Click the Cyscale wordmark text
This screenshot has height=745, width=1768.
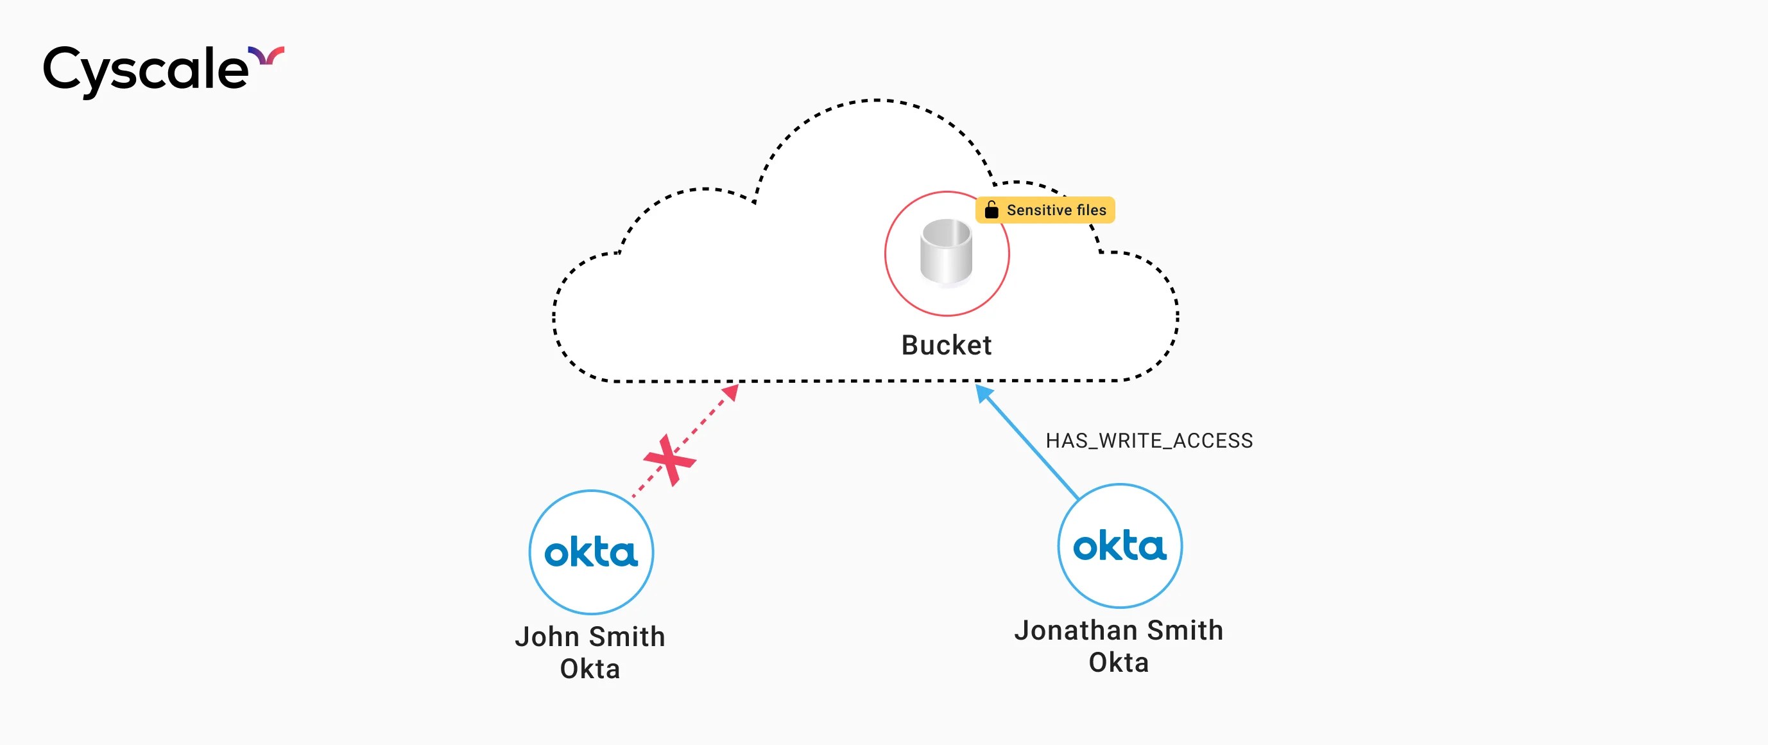(x=146, y=70)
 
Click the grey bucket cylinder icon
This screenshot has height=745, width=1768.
(x=947, y=252)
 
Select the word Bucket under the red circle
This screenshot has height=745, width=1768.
(x=947, y=346)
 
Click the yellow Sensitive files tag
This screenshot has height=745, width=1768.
(x=1045, y=210)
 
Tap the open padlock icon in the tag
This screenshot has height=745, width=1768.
(x=991, y=209)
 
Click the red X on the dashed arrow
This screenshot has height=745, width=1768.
(x=669, y=460)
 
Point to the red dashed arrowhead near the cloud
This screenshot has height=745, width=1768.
(x=732, y=393)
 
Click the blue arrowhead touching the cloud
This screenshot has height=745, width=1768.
(x=984, y=393)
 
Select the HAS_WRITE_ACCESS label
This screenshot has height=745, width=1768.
(x=1149, y=441)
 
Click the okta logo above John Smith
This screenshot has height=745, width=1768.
(x=591, y=553)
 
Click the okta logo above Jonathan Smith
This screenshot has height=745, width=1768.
(x=1119, y=547)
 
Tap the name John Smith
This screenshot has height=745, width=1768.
(x=590, y=636)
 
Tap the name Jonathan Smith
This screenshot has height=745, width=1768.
(x=1119, y=630)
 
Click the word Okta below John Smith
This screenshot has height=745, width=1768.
(x=590, y=669)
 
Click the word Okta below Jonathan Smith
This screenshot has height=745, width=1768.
(x=1119, y=663)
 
